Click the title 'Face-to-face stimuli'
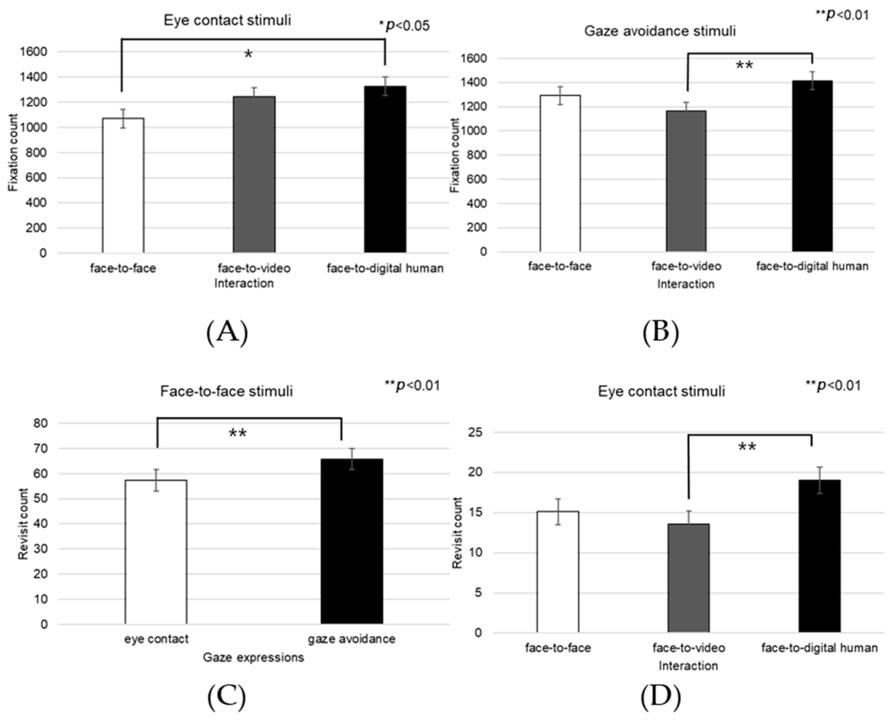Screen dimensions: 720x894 click(x=226, y=391)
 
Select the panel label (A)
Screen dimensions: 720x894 click(x=227, y=332)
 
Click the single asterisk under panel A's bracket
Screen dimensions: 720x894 click(x=248, y=54)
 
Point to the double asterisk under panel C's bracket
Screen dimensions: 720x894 click(x=238, y=434)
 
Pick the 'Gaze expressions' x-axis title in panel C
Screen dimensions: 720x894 click(x=253, y=658)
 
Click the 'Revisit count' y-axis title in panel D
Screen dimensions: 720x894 click(x=457, y=533)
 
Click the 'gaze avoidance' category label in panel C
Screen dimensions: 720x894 click(x=352, y=639)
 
